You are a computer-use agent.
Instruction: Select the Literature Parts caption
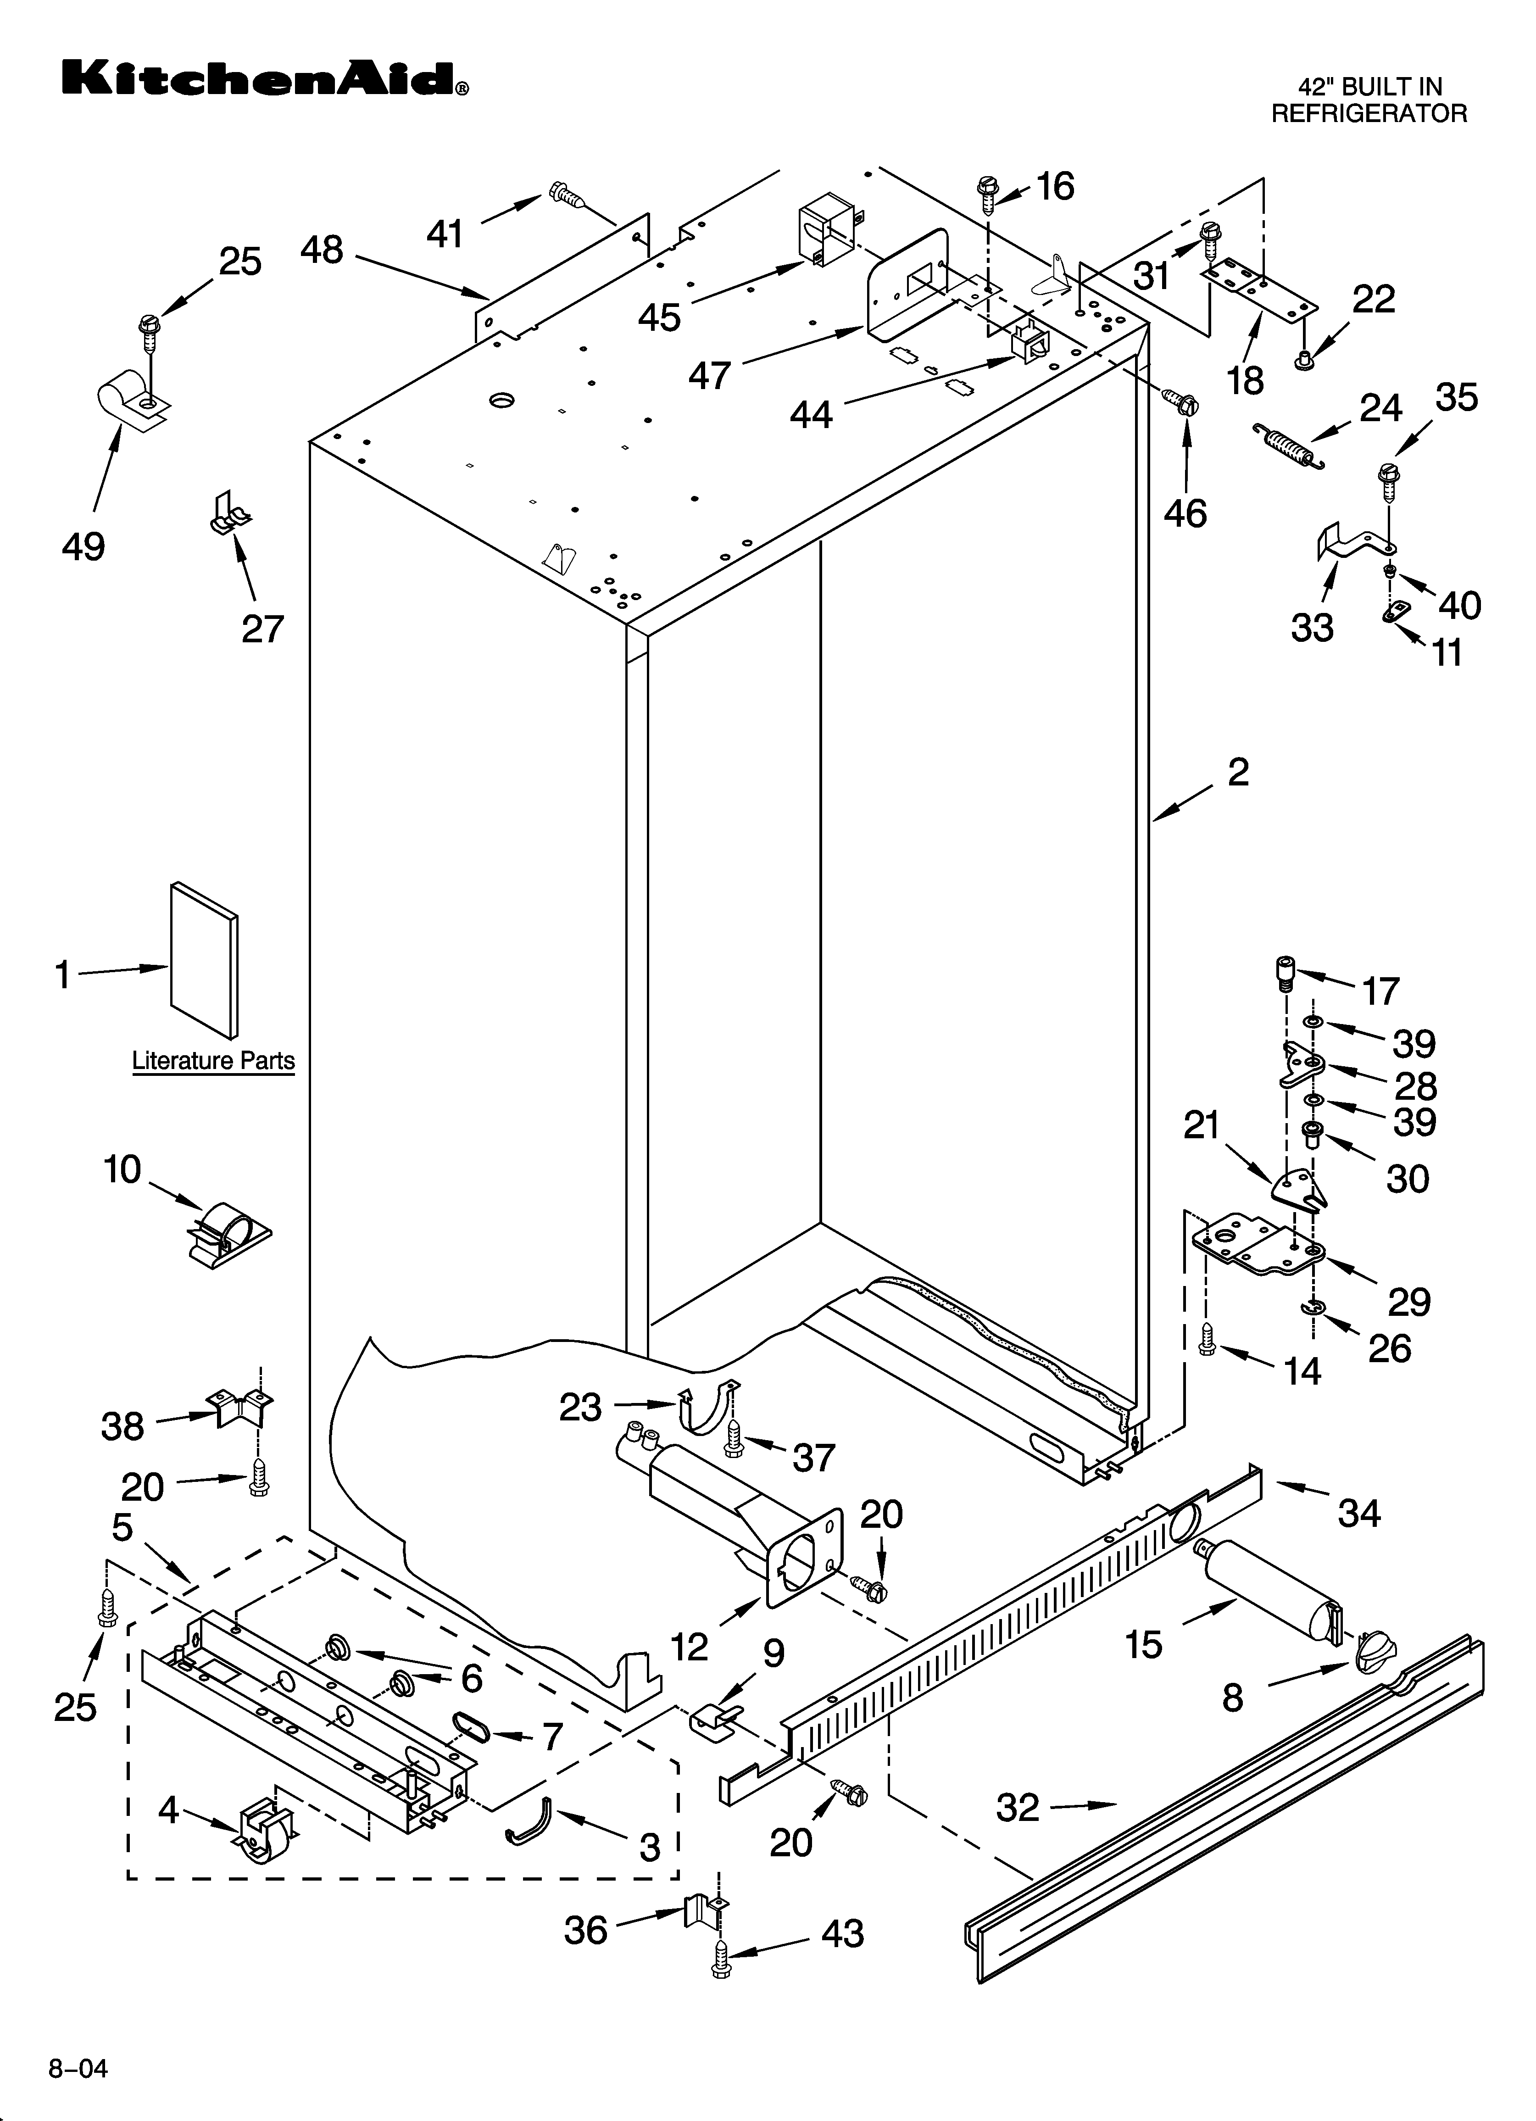tap(213, 1061)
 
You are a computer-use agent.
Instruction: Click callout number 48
tap(322, 250)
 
